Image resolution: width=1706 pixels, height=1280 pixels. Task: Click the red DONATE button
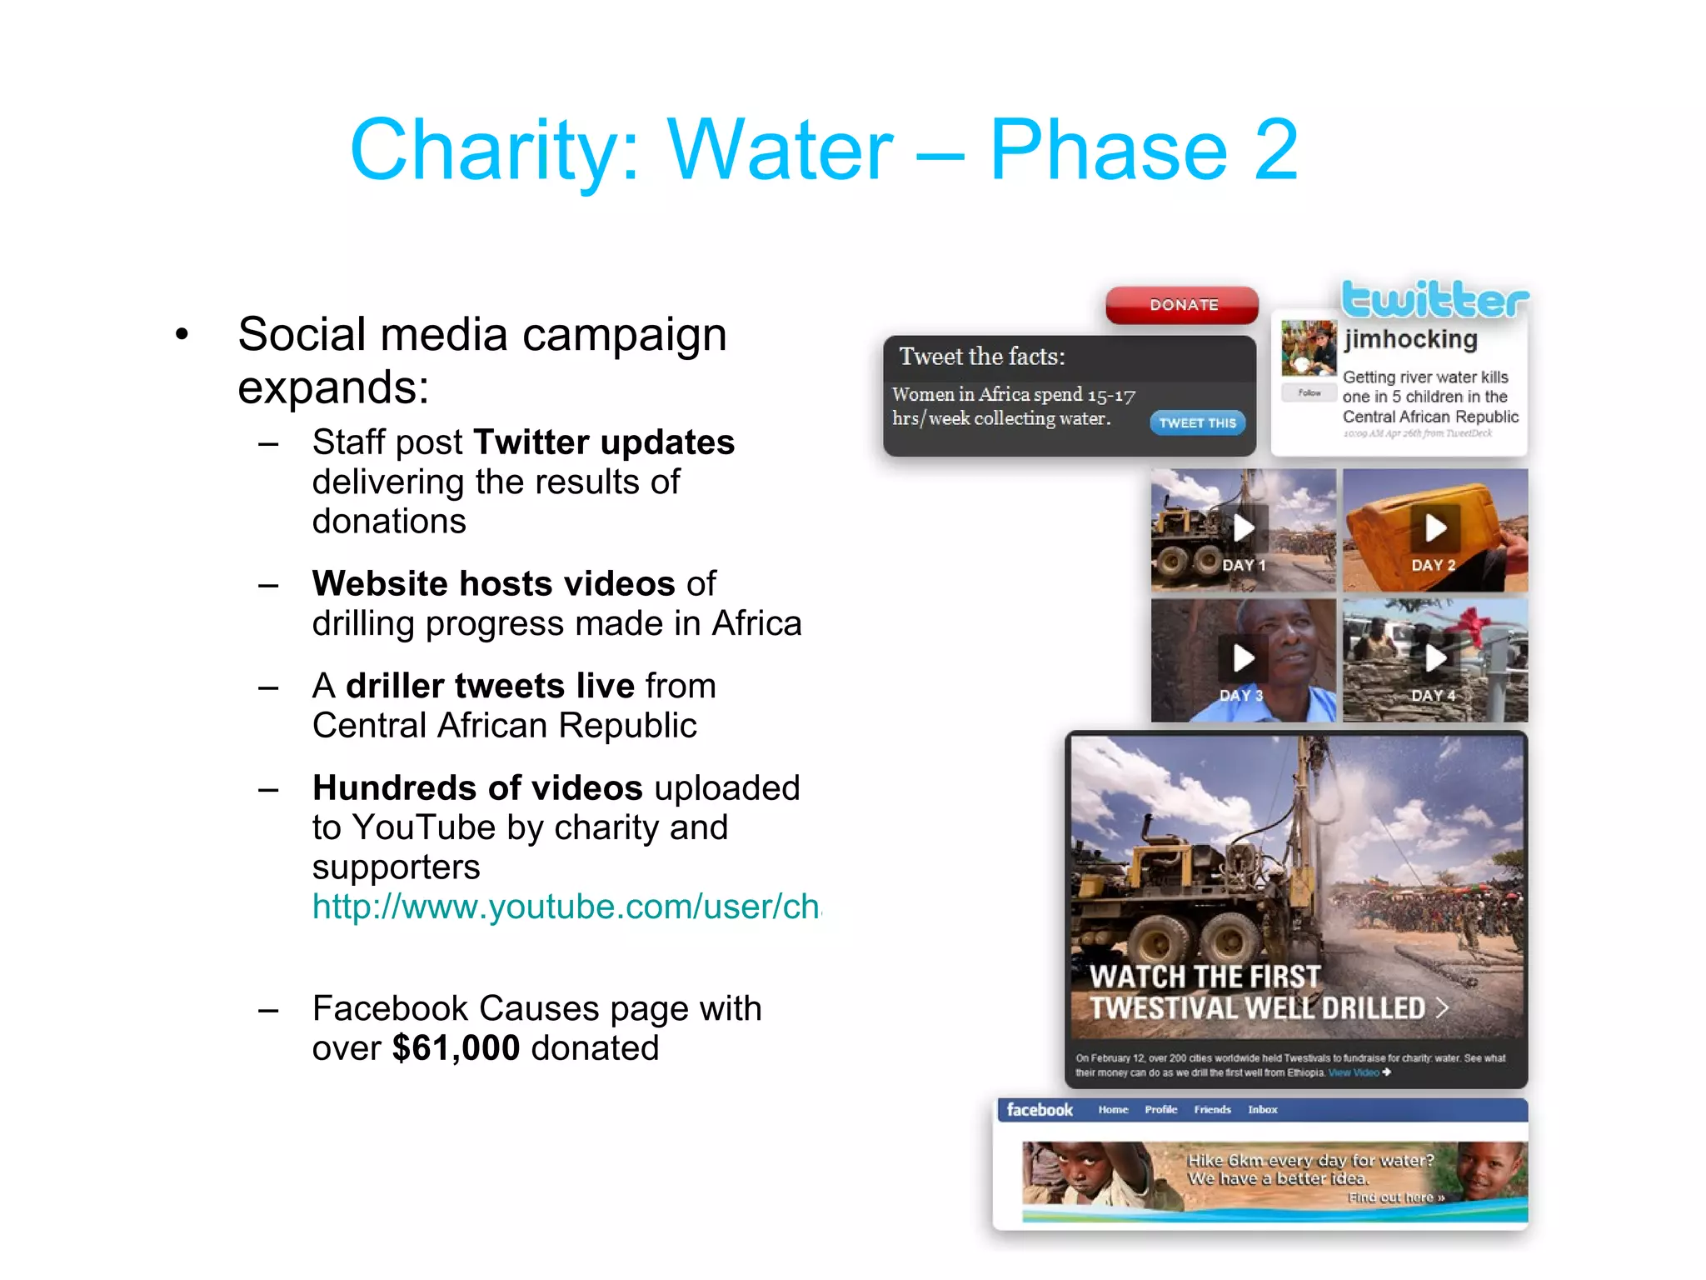pyautogui.click(x=1182, y=305)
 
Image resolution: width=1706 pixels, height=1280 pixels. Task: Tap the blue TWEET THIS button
pyautogui.click(x=1197, y=422)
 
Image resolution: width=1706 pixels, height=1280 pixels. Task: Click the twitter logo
pyautogui.click(x=1434, y=300)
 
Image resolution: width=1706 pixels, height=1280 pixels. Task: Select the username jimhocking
pyautogui.click(x=1410, y=339)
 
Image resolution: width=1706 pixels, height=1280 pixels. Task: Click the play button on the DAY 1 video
pyautogui.click(x=1244, y=527)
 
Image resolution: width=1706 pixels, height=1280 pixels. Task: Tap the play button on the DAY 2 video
pyautogui.click(x=1434, y=527)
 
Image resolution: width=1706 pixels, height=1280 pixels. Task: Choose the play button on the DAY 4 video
pyautogui.click(x=1434, y=658)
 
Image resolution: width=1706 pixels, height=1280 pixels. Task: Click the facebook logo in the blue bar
pyautogui.click(x=1040, y=1110)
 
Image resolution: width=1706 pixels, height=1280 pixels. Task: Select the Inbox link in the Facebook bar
pyautogui.click(x=1262, y=1110)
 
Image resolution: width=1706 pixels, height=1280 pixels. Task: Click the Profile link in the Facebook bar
pyautogui.click(x=1160, y=1110)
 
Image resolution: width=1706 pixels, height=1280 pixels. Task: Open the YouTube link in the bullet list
pyautogui.click(x=566, y=907)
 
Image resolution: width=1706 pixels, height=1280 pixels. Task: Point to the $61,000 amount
pyautogui.click(x=456, y=1048)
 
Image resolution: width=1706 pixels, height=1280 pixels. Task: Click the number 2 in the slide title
pyautogui.click(x=1275, y=150)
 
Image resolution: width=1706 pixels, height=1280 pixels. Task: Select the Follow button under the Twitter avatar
pyautogui.click(x=1309, y=392)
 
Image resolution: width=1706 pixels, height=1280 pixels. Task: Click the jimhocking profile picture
pyautogui.click(x=1309, y=347)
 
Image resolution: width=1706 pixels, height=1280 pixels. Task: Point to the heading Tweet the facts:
pyautogui.click(x=982, y=357)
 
